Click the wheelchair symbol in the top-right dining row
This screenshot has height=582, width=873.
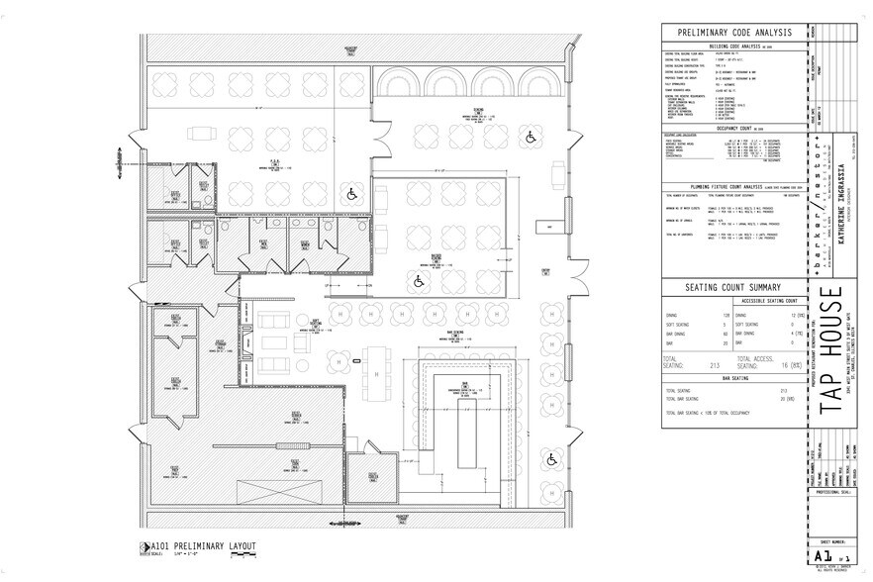pyautogui.click(x=530, y=137)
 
